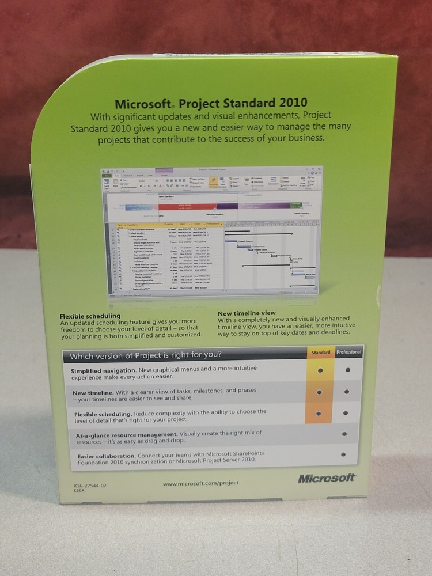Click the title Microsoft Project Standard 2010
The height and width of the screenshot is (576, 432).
[211, 104]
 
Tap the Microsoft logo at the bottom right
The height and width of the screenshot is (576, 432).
[327, 478]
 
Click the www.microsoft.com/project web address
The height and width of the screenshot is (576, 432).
[200, 483]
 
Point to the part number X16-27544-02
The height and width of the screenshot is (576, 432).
[90, 486]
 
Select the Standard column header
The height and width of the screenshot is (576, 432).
[321, 353]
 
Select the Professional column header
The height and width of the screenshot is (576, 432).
[349, 352]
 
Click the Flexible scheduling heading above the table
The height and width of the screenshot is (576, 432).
[90, 316]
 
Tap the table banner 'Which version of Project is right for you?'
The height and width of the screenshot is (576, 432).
[146, 354]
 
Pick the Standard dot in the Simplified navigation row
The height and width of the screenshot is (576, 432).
[320, 371]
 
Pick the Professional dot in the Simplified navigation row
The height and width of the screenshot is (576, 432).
[347, 370]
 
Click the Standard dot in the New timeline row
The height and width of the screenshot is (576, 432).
[319, 392]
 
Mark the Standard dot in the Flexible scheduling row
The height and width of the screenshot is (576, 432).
[319, 414]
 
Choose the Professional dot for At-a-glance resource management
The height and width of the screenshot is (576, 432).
[345, 434]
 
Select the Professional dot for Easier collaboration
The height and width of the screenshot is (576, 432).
[343, 454]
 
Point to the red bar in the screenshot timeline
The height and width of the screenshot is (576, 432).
[184, 206]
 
